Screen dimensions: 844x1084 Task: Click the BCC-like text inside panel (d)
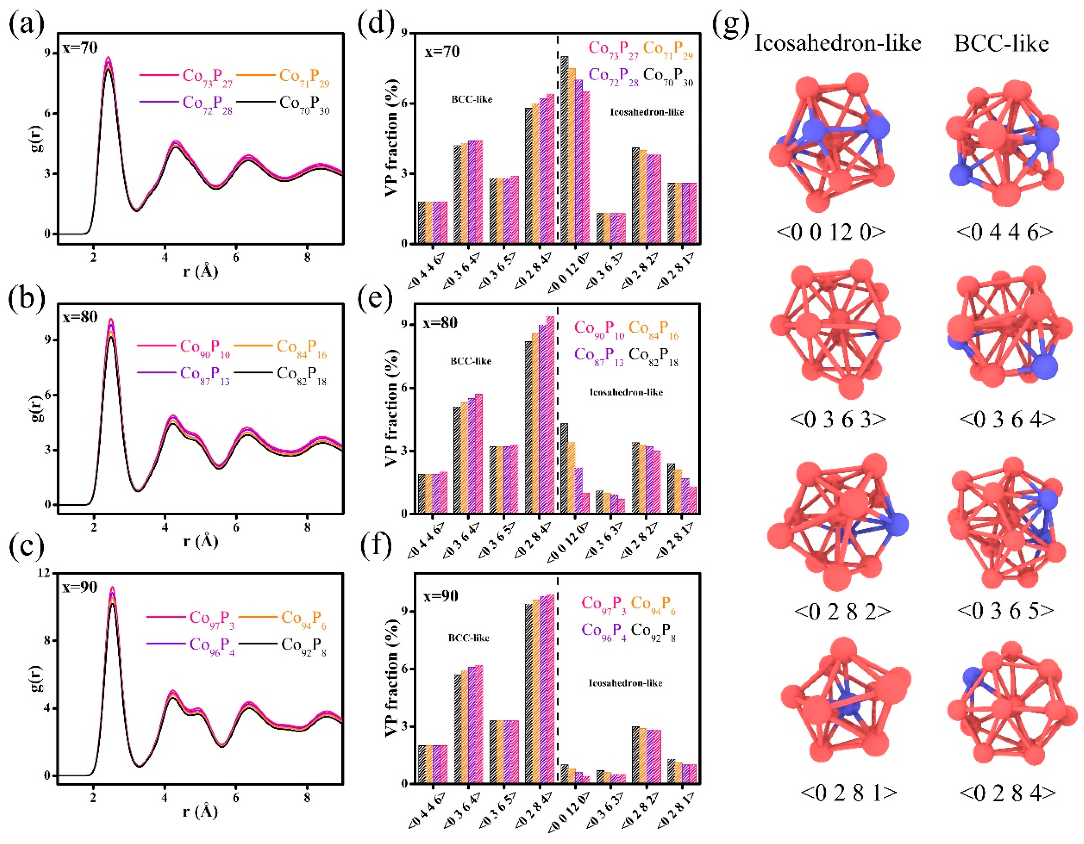coord(472,99)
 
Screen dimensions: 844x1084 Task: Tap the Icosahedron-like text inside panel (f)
coord(625,683)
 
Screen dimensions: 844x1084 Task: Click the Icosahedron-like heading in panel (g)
coord(837,44)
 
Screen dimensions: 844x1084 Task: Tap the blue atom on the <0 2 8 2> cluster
coord(895,524)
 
